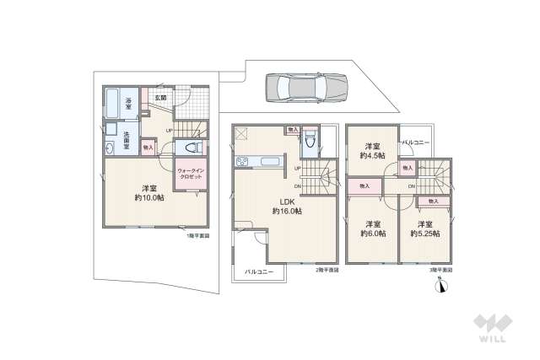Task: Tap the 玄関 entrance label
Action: tap(160, 98)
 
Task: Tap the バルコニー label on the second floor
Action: tap(259, 272)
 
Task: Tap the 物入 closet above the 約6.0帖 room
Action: tap(364, 185)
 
